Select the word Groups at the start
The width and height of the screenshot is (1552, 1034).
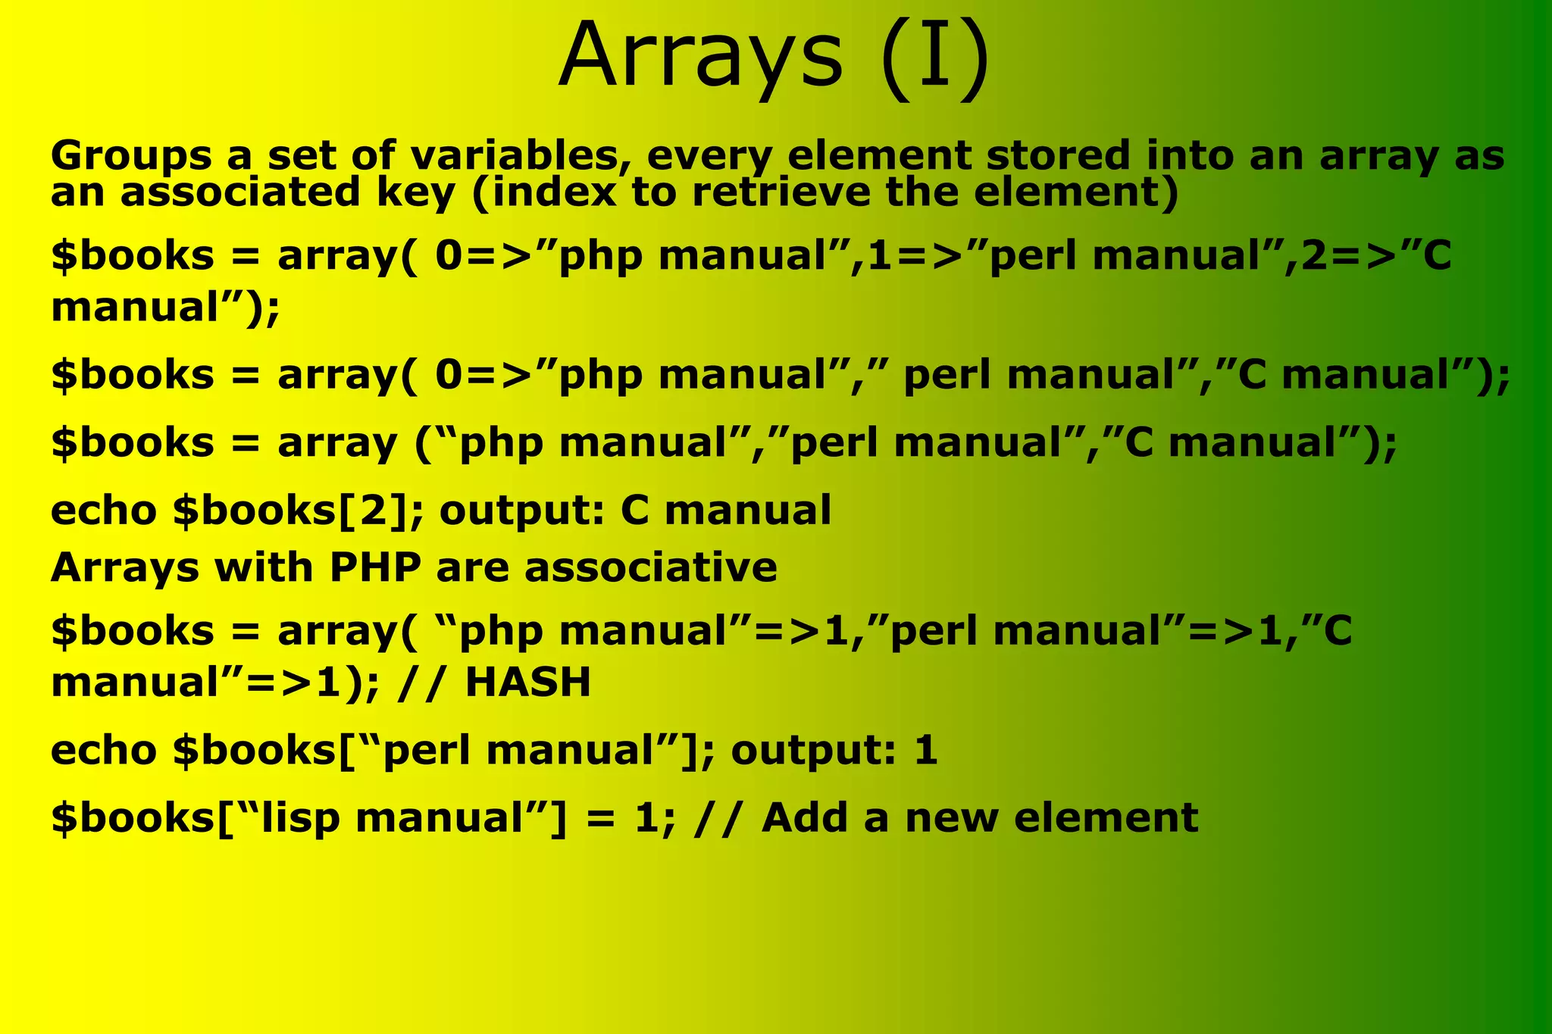(x=130, y=157)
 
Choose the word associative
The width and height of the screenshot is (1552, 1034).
(x=650, y=567)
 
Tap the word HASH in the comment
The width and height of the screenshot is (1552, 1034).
(x=527, y=682)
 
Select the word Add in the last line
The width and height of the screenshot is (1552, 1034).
(x=804, y=818)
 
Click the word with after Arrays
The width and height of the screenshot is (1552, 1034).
(x=263, y=567)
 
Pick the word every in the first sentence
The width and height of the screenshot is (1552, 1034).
(x=709, y=157)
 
